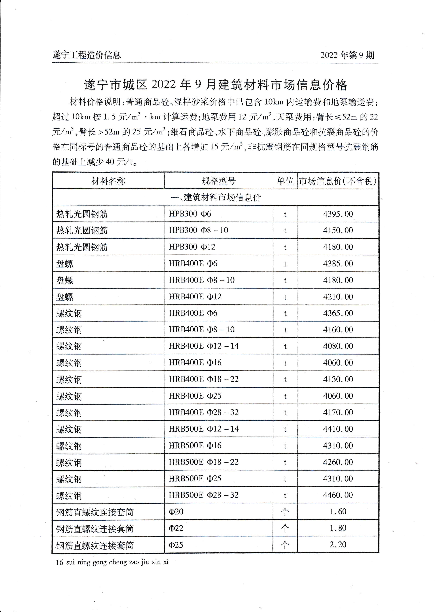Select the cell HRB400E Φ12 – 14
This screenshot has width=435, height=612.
(204, 346)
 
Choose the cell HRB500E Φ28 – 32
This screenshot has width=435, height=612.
(203, 495)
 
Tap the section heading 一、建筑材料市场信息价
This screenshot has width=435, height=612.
(215, 198)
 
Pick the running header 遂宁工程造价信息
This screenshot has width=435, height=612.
(87, 55)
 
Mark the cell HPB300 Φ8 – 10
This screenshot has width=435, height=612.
(198, 230)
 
